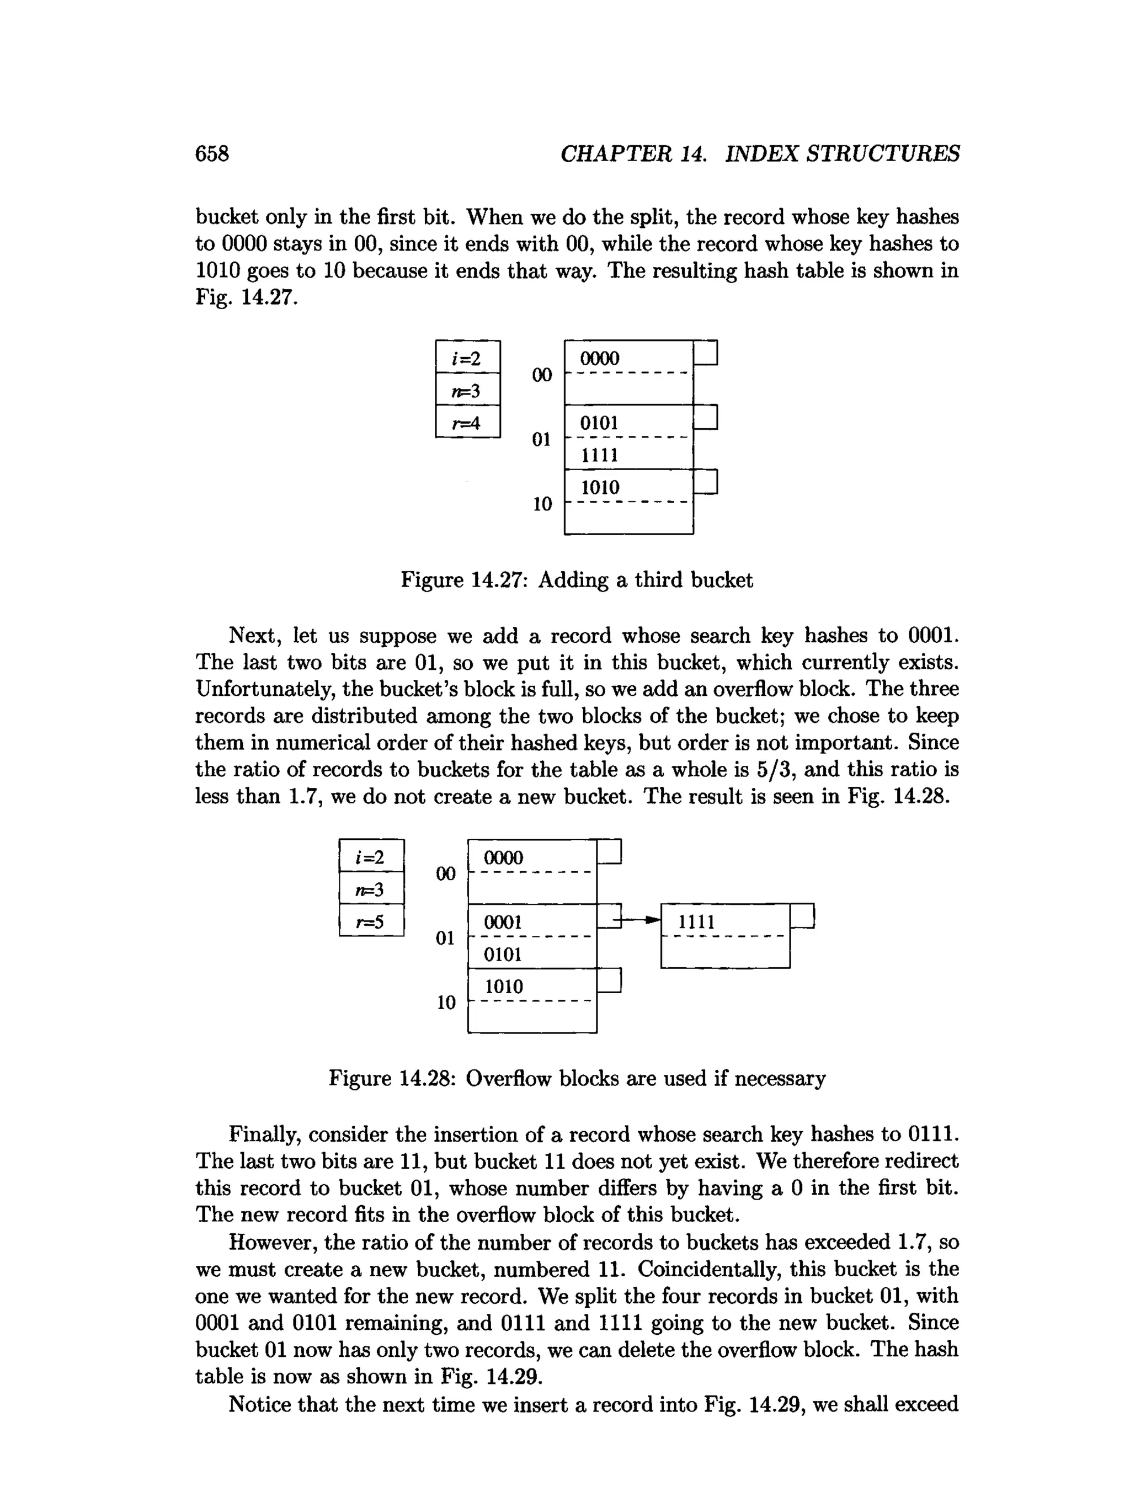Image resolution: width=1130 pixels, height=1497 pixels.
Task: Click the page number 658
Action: [212, 153]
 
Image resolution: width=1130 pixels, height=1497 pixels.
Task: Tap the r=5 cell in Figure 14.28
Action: [371, 921]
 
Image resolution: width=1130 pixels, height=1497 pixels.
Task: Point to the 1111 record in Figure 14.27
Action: [600, 455]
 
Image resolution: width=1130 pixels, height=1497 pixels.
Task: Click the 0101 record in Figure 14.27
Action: [600, 423]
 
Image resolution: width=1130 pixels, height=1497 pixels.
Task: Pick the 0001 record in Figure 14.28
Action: [503, 921]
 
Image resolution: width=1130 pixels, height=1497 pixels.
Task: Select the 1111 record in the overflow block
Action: [696, 921]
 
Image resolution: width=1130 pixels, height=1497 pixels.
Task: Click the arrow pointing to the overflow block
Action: [642, 920]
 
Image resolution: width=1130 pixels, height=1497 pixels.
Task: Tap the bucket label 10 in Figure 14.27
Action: [542, 504]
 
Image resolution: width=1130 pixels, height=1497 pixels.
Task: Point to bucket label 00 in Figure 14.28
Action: [445, 873]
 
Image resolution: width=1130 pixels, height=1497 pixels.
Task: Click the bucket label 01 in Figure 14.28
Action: [445, 938]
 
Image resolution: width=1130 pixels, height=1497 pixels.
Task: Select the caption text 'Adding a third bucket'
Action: [645, 580]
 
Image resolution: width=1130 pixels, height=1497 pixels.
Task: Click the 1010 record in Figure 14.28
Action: [504, 986]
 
